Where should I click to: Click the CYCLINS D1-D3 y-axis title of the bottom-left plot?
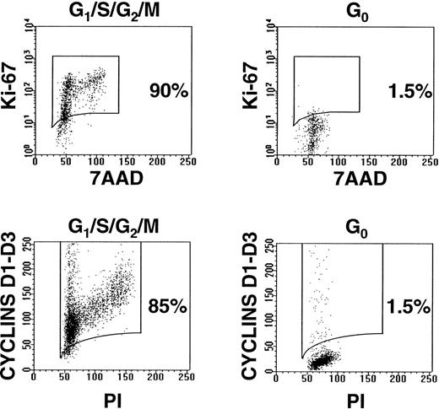tap(9, 309)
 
